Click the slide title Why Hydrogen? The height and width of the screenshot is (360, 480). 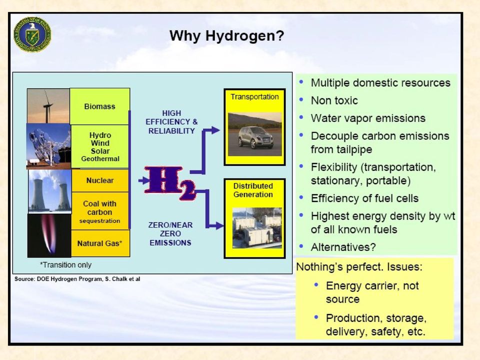click(x=227, y=36)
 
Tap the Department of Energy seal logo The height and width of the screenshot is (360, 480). click(x=32, y=34)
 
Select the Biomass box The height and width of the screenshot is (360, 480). click(x=100, y=106)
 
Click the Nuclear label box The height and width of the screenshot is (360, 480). click(x=100, y=180)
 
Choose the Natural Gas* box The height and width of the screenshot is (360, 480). click(x=100, y=243)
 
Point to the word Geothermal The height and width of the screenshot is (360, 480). click(x=100, y=159)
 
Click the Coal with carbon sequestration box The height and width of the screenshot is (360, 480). click(x=100, y=211)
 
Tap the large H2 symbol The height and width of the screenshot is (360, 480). click(x=169, y=183)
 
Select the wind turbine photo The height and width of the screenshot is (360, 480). click(x=48, y=106)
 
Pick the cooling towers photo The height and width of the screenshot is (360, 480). click(x=49, y=191)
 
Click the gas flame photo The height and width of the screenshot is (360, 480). click(x=49, y=235)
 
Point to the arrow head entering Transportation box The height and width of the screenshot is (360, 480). click(x=215, y=130)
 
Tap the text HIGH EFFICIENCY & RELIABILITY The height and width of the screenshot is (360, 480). click(x=171, y=122)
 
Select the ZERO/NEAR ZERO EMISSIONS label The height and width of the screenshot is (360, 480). click(x=170, y=234)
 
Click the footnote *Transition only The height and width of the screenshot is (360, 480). click(x=65, y=265)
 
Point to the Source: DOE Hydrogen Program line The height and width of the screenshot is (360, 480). click(x=77, y=279)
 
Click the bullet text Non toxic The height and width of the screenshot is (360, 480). click(x=334, y=100)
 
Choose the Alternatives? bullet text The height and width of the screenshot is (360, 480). click(x=343, y=247)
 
